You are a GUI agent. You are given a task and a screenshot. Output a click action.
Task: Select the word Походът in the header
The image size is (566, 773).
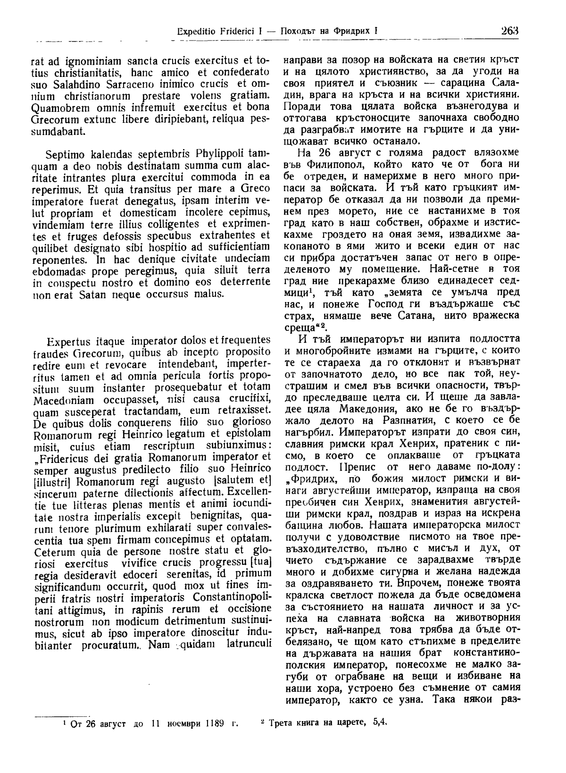click(300, 32)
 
